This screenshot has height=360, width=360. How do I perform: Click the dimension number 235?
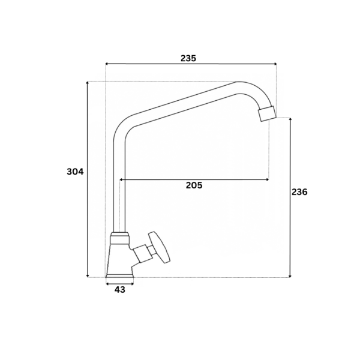[x=188, y=58]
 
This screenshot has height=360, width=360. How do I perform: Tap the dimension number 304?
[x=76, y=172]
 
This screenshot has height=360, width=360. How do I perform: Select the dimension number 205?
[x=194, y=185]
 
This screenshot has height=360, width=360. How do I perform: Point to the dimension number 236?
[x=299, y=192]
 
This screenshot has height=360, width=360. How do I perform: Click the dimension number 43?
[x=120, y=290]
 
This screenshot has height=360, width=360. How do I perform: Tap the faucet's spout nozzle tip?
[x=267, y=113]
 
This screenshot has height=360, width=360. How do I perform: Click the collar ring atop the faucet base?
[x=119, y=238]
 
